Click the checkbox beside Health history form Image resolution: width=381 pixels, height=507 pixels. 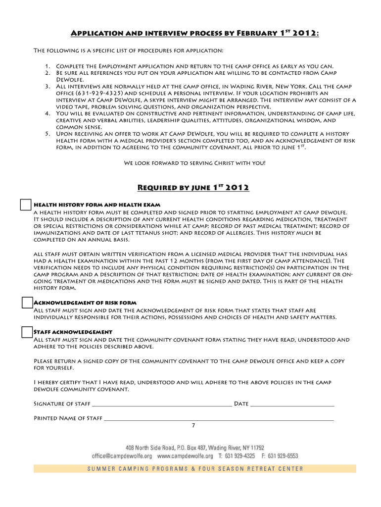pos(26,205)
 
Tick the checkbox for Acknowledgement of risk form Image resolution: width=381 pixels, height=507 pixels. pos(27,303)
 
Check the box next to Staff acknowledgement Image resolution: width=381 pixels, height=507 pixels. pos(27,332)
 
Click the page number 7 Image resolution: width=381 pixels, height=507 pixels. pos(193,425)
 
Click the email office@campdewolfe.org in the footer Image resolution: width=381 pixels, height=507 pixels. pos(122,456)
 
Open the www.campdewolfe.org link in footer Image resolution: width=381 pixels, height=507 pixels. pos(185,456)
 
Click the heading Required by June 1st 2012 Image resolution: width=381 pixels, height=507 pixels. pos(193,187)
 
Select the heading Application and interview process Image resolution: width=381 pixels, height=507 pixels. pos(195,33)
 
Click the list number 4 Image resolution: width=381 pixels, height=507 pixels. pos(47,113)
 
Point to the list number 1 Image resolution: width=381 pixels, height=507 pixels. pos(47,66)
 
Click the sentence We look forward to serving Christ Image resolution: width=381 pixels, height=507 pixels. pos(194,162)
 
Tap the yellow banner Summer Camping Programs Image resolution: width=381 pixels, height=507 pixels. pos(194,469)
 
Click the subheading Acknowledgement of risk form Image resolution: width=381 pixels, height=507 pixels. pos(85,303)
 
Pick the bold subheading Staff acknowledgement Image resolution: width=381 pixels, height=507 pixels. pos(73,332)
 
